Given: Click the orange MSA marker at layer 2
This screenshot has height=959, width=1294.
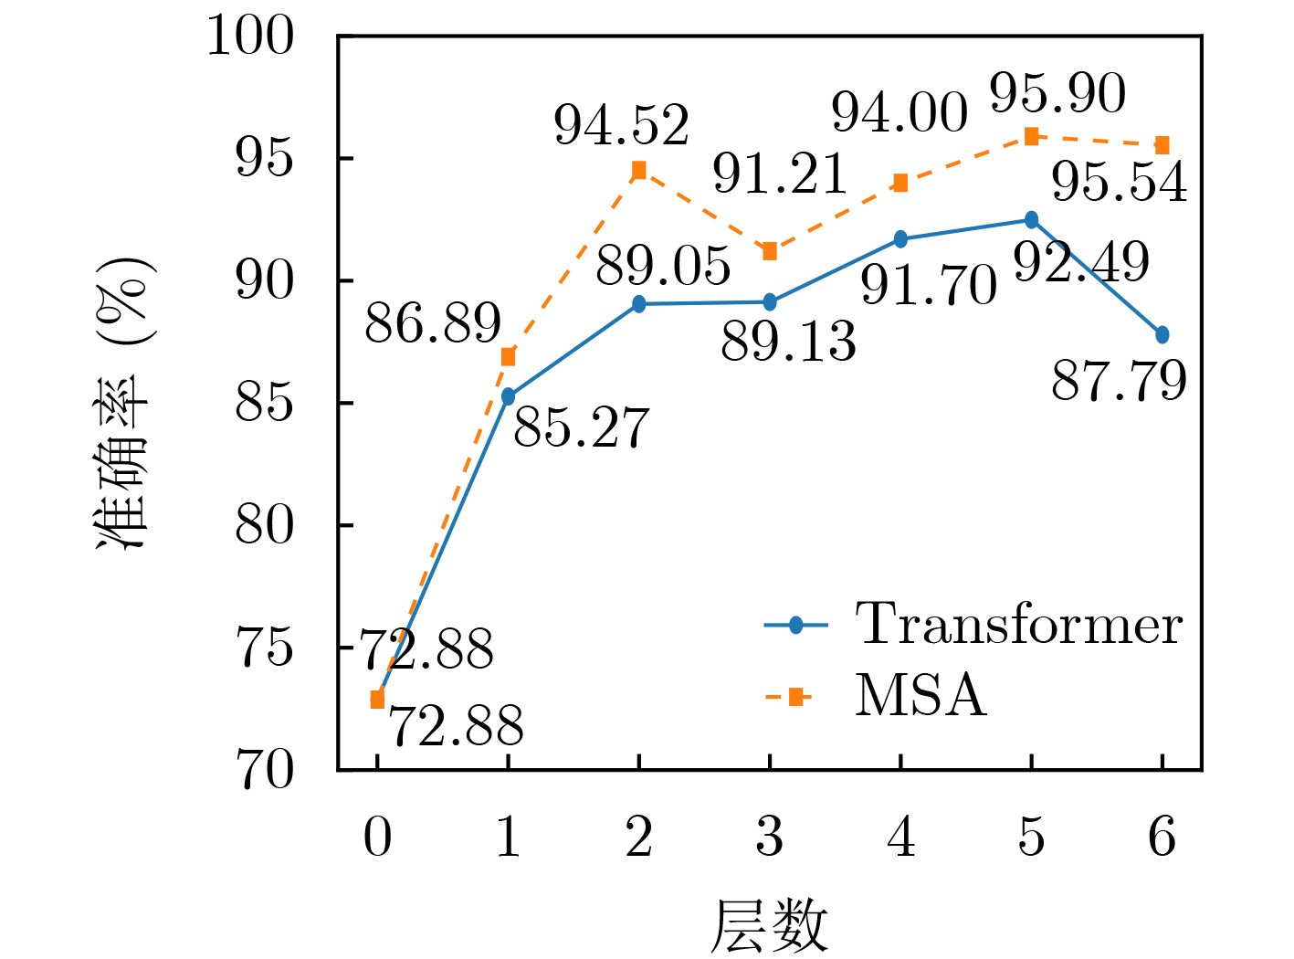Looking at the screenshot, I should pyautogui.click(x=638, y=170).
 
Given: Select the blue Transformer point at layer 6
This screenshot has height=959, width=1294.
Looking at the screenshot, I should pyautogui.click(x=1162, y=335).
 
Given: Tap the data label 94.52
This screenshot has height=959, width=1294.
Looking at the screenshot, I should pyautogui.click(x=622, y=125).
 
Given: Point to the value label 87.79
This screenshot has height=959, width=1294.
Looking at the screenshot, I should pyautogui.click(x=1119, y=381).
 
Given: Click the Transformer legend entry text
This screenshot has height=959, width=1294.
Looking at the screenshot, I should pyautogui.click(x=1018, y=625).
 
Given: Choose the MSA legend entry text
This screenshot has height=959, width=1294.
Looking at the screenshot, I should pyautogui.click(x=921, y=696).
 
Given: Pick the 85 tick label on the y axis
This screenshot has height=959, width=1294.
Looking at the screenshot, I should pyautogui.click(x=265, y=403).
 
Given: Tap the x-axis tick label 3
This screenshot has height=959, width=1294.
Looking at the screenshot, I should pyautogui.click(x=769, y=837).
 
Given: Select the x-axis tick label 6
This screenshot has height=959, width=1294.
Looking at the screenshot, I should pyautogui.click(x=1162, y=837).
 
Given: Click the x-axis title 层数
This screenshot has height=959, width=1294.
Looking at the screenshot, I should pyautogui.click(x=769, y=925).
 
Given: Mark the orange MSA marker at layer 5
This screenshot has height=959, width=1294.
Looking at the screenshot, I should pyautogui.click(x=1031, y=136).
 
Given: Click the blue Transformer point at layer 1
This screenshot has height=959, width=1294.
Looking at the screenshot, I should pyautogui.click(x=508, y=396).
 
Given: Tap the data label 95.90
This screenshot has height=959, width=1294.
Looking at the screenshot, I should pyautogui.click(x=1057, y=93).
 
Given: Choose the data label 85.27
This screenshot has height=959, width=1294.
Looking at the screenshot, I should pyautogui.click(x=581, y=427).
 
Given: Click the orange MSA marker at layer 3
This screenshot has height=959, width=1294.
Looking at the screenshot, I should pyautogui.click(x=769, y=251).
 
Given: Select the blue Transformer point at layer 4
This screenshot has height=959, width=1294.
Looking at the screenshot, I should pyautogui.click(x=900, y=239).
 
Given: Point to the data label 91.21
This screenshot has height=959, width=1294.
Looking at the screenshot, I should pyautogui.click(x=781, y=174).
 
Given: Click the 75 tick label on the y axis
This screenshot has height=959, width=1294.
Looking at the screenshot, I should pyautogui.click(x=265, y=648).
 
